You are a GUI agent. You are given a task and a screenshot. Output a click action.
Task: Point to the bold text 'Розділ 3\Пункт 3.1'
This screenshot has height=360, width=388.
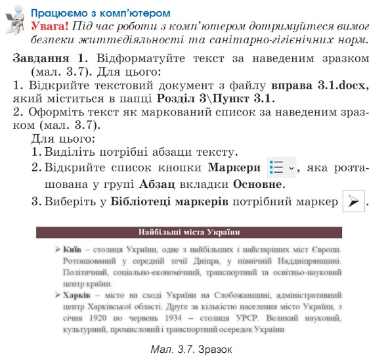pos(215,99)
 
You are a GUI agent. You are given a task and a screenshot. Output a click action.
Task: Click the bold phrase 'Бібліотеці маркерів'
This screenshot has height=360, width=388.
pos(170,202)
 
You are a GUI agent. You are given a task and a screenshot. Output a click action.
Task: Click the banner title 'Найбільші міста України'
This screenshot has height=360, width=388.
pos(189,232)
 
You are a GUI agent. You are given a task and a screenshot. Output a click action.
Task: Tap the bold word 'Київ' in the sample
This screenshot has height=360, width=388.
pos(72,250)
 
